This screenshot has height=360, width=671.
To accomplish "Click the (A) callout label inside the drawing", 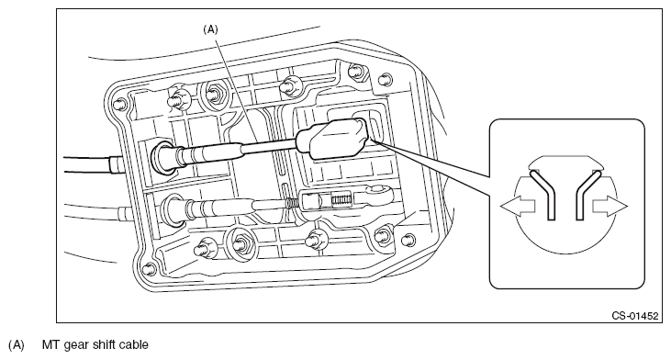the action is (210, 29).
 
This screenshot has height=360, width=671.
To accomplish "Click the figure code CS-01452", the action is (634, 316).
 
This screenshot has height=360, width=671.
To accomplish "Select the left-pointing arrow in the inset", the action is (518, 207).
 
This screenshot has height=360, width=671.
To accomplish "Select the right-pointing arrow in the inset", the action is (609, 207).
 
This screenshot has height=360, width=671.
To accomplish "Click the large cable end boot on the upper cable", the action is (332, 139).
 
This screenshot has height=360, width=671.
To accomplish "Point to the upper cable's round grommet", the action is (162, 157).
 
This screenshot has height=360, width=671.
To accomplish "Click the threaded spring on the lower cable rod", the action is (292, 203).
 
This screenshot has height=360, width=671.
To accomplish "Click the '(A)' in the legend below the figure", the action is (17, 345).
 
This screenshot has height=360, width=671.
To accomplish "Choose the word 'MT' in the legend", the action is (50, 344).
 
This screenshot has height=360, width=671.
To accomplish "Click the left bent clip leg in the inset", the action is (542, 195).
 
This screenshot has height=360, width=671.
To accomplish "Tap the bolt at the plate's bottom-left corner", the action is (149, 269).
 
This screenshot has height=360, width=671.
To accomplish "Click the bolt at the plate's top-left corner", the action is (119, 104).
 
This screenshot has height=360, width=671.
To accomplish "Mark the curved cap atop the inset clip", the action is (565, 163).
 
